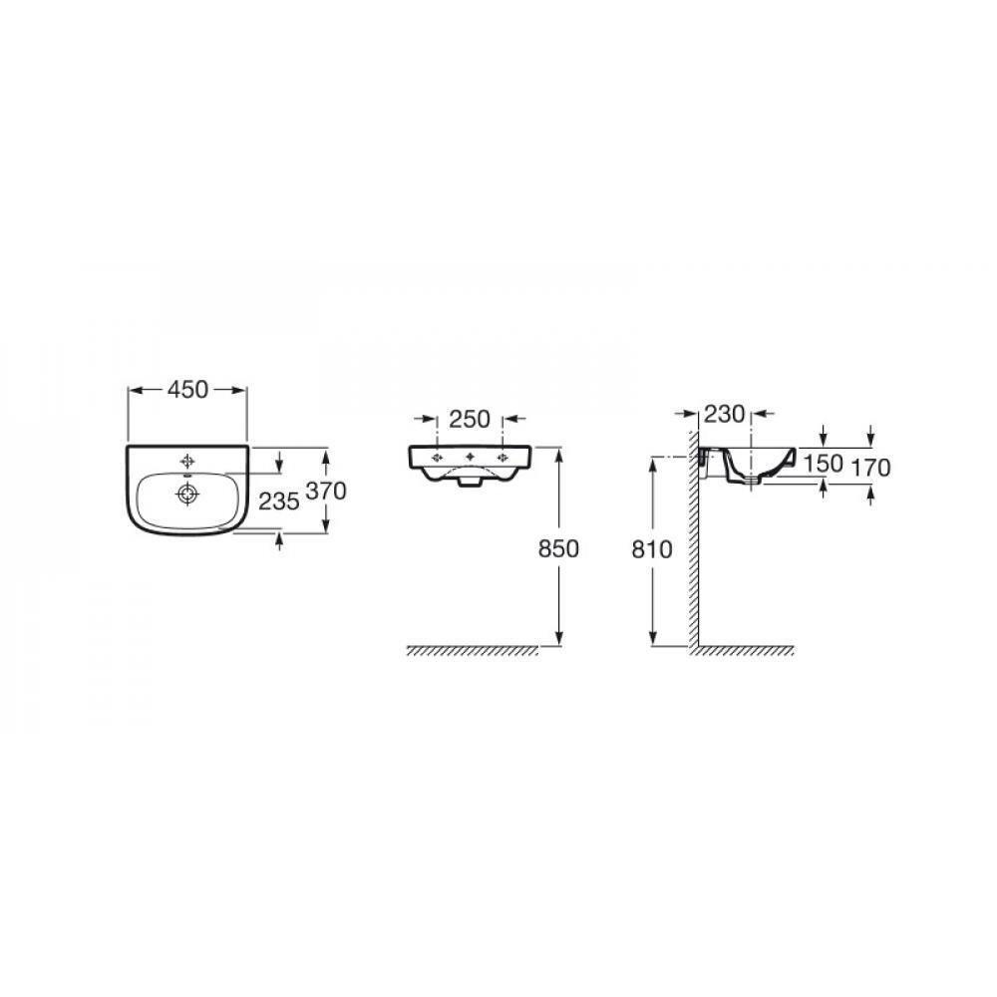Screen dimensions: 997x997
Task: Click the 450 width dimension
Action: click(187, 390)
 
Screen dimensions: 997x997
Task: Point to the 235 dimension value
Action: click(279, 503)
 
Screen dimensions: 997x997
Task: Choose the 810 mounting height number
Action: click(653, 547)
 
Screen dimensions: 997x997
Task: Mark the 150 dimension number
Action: click(825, 465)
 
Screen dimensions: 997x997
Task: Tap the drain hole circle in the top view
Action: click(186, 492)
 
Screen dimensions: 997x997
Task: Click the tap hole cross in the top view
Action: click(186, 462)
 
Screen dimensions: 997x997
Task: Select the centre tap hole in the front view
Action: click(469, 457)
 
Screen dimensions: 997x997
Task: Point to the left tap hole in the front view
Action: click(436, 457)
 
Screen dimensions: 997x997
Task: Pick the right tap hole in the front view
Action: click(501, 457)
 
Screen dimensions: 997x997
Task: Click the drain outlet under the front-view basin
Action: click(469, 483)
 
